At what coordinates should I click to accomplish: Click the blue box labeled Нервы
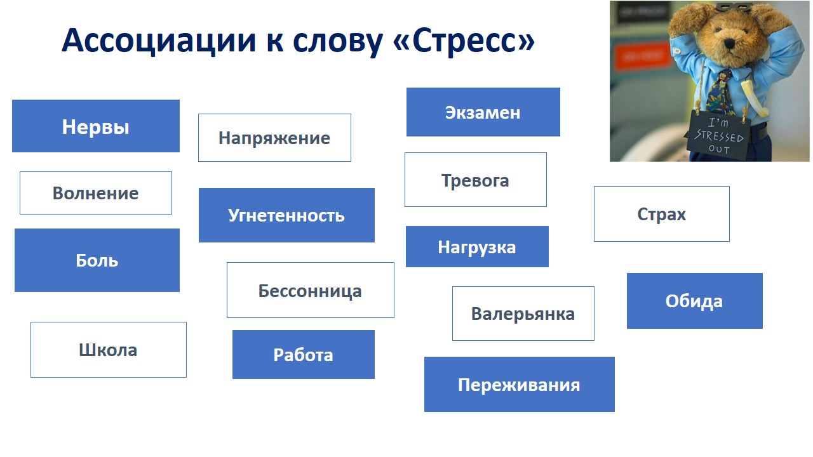click(96, 126)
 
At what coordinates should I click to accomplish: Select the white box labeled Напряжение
click(274, 138)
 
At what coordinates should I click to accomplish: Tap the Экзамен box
click(483, 112)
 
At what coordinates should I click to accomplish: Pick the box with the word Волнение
click(96, 193)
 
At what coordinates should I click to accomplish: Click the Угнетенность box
click(286, 215)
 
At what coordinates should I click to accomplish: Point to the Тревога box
click(476, 180)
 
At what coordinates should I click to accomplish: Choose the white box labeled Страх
click(662, 214)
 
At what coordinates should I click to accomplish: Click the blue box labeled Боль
click(97, 260)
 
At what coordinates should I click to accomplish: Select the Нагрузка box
click(477, 247)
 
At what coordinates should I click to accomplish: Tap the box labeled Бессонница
click(311, 290)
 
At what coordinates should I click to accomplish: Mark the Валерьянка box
click(523, 314)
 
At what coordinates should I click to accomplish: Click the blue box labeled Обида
click(695, 301)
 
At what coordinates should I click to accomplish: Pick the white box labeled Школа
click(109, 350)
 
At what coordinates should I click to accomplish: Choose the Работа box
click(304, 354)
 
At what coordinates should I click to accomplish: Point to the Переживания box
click(520, 385)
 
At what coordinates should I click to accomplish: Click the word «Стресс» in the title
click(464, 41)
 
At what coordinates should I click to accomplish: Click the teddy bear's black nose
click(730, 43)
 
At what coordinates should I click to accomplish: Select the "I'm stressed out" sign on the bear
click(718, 136)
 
